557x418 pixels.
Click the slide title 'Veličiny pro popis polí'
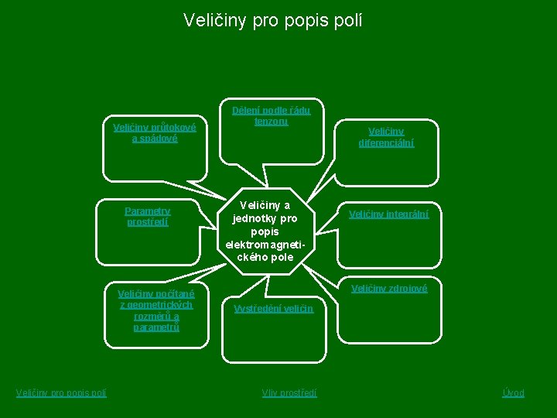pyautogui.click(x=272, y=19)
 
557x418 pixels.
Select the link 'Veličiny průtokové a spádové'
pyautogui.click(x=155, y=132)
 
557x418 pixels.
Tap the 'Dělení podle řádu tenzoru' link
pyautogui.click(x=271, y=116)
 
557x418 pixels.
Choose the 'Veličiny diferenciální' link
pyautogui.click(x=385, y=137)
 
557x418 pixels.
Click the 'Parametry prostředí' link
pyautogui.click(x=147, y=216)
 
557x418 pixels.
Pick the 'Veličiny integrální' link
pyautogui.click(x=388, y=214)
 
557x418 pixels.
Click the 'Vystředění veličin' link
pyautogui.click(x=273, y=308)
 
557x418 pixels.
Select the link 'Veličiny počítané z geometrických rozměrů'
pyautogui.click(x=155, y=310)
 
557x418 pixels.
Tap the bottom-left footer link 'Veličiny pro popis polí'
pyautogui.click(x=61, y=393)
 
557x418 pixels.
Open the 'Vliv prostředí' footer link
pyautogui.click(x=289, y=393)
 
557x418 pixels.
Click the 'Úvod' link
pyautogui.click(x=513, y=393)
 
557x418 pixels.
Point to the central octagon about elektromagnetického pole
pyautogui.click(x=266, y=231)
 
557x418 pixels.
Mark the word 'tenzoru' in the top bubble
pyautogui.click(x=271, y=122)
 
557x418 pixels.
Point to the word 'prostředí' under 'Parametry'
pyautogui.click(x=147, y=221)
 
